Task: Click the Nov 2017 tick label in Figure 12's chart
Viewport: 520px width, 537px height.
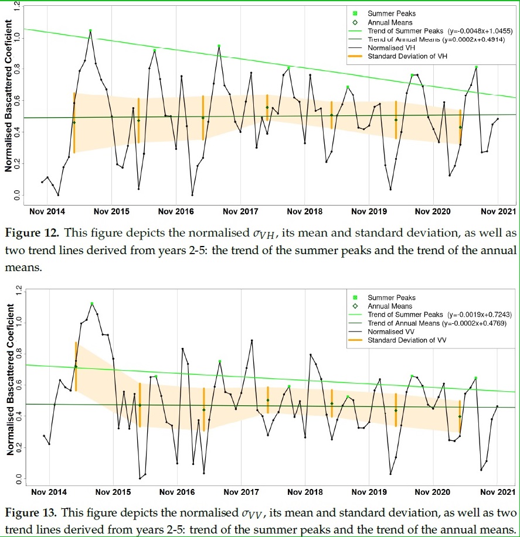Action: point(240,211)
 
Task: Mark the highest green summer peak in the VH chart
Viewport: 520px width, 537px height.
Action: point(90,30)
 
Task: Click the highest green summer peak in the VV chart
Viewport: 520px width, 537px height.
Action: point(92,303)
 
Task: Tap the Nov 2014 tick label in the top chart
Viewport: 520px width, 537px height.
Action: point(44,211)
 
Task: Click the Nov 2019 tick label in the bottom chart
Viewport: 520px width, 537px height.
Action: point(369,493)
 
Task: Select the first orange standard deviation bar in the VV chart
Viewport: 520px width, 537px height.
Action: point(76,366)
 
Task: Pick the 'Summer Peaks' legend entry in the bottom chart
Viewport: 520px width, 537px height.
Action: point(391,297)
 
